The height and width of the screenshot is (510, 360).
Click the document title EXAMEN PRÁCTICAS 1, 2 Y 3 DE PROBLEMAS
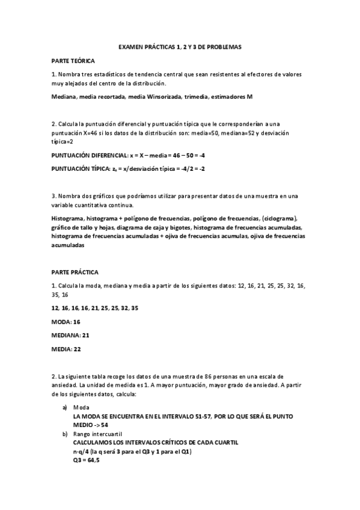tap(180, 46)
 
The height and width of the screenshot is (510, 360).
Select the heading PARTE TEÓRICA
tap(73, 61)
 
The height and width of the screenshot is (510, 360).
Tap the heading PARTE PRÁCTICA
tap(75, 272)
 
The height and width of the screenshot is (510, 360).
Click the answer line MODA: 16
tap(66, 322)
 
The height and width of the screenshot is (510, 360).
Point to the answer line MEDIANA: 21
tap(70, 335)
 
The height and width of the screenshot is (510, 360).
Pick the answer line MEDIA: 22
tap(66, 348)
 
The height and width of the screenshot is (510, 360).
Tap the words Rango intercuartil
tap(97, 434)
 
